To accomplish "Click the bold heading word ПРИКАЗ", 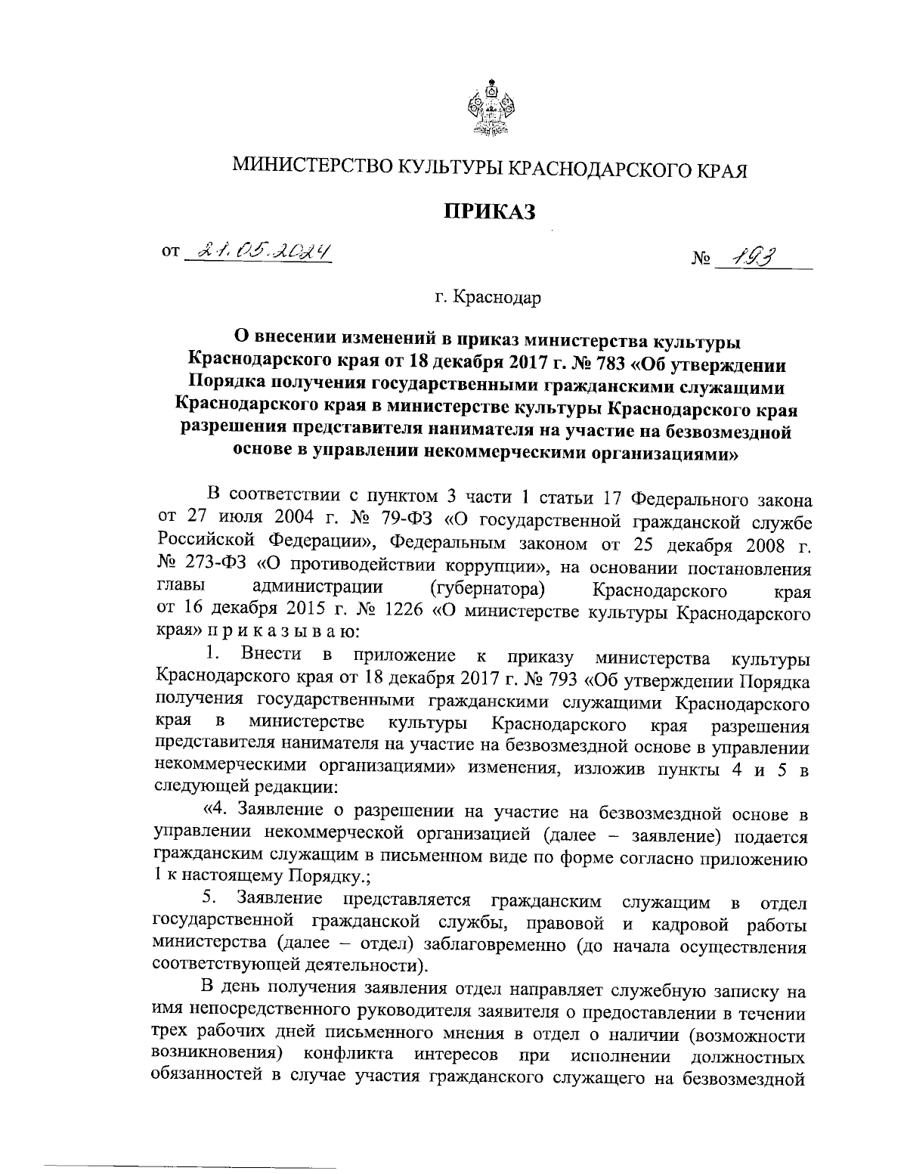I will [489, 211].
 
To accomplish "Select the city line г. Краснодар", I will [488, 298].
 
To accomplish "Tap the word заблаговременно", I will [498, 945].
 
